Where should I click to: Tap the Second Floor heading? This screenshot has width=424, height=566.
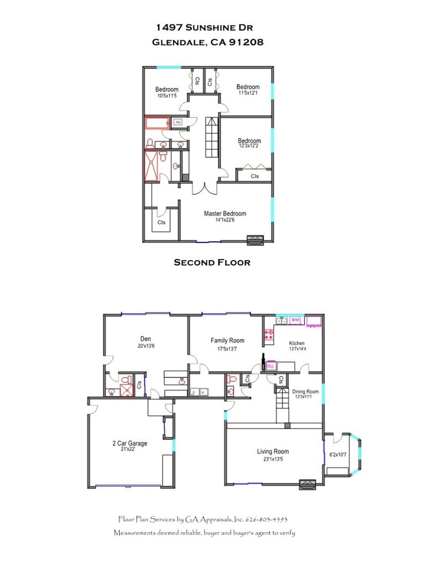pos(212,262)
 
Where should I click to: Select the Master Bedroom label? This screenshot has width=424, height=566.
pos(225,214)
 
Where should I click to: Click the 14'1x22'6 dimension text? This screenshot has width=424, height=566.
pos(225,220)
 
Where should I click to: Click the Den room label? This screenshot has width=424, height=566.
pos(145,339)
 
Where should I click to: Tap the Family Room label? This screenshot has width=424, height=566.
pos(227,341)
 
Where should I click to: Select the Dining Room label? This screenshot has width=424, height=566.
pos(306,391)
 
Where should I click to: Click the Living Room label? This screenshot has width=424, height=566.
pos(273,451)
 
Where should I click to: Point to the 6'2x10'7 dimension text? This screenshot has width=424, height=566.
pos(337,455)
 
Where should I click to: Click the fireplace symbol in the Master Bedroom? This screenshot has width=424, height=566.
pos(255,240)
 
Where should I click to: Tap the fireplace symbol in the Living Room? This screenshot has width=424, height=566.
pos(307,484)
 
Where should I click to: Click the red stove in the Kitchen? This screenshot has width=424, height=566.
pos(270,334)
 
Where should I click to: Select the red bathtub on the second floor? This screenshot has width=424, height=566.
pos(158,123)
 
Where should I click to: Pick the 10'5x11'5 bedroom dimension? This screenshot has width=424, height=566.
pos(166,96)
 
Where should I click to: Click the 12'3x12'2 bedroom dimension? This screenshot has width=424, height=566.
pos(249,146)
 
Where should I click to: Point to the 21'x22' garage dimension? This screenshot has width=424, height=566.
pos(128,449)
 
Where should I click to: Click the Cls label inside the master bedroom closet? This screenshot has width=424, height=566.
pos(161,222)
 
